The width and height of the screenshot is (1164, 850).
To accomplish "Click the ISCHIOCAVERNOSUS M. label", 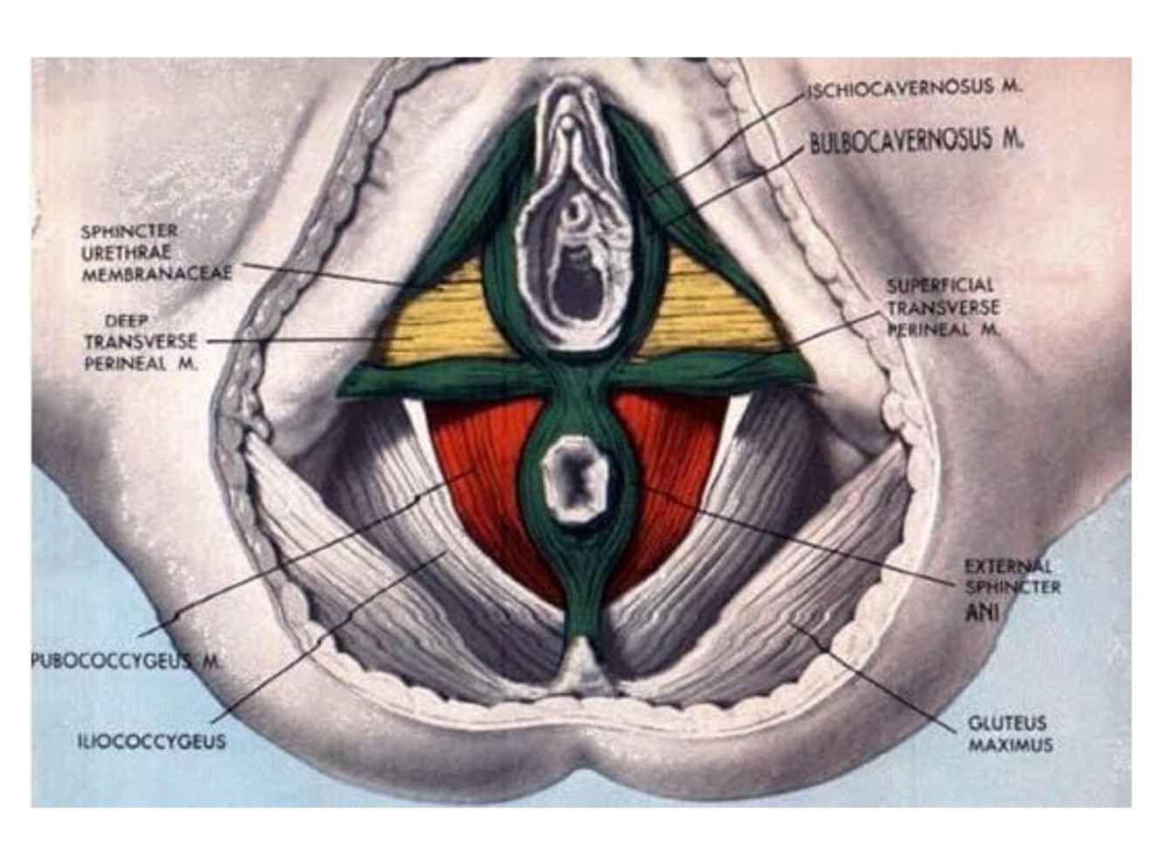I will coord(914,87).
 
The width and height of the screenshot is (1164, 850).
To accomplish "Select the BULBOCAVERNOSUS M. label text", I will coord(916,141).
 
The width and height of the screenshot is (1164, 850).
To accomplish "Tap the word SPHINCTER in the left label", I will coord(129,231).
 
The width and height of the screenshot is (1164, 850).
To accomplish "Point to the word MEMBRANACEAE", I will coord(158,274).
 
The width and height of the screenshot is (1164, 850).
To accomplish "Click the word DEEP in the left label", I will coord(127,320).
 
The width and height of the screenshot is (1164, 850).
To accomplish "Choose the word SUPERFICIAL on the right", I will coord(940,285).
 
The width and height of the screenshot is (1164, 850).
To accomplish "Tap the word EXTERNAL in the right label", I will coord(1008,566).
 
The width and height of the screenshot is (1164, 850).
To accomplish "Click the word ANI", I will coord(982,613).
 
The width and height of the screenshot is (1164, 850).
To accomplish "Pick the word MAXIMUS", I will coord(1010,745).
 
